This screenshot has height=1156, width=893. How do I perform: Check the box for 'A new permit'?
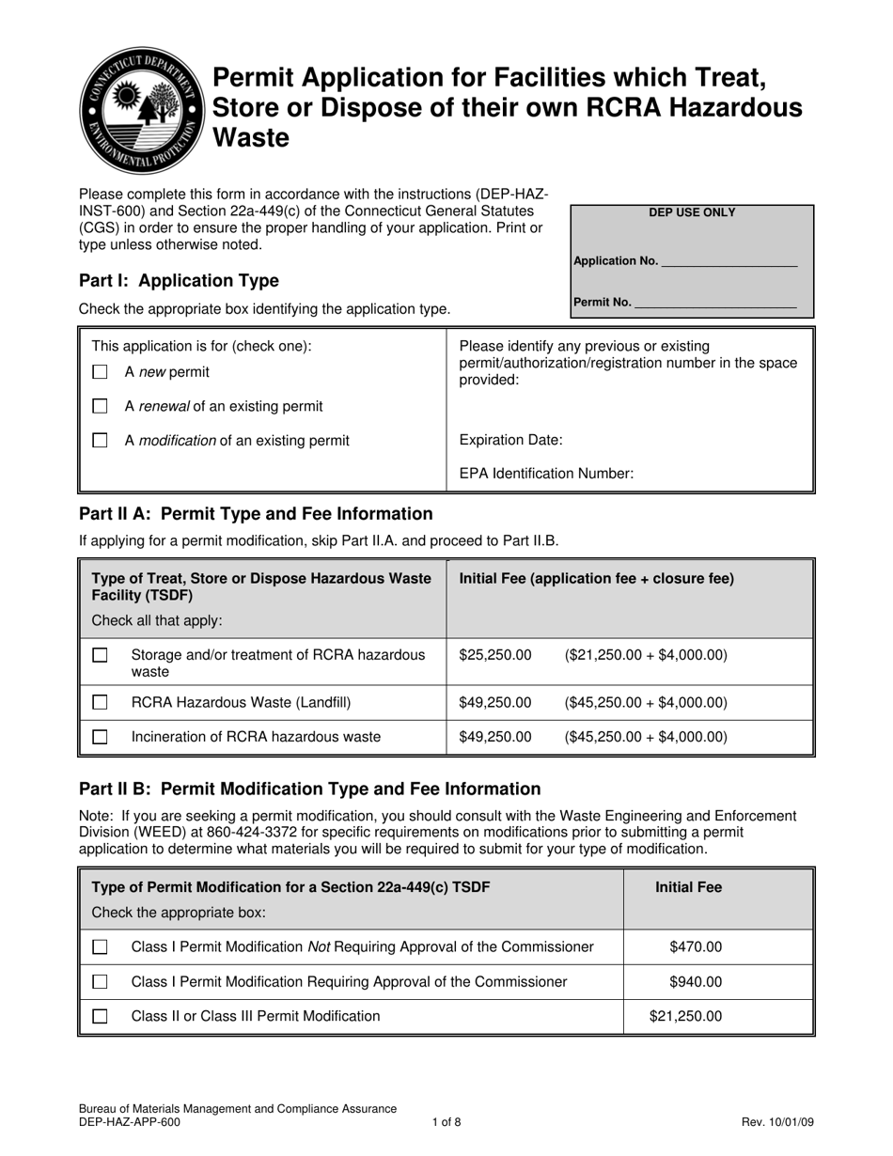101,372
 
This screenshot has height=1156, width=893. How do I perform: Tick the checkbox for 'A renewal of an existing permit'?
101,406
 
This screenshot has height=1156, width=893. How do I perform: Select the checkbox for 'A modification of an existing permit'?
101,440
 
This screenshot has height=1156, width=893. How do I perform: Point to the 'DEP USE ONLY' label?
692,212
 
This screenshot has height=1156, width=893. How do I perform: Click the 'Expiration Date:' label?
511,440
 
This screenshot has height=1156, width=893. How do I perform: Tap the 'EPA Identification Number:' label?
546,474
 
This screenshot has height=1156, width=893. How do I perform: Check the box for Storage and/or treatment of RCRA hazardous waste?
101,655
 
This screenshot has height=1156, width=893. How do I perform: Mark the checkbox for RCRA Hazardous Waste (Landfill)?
101,702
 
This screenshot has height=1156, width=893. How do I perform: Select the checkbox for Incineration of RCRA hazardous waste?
101,737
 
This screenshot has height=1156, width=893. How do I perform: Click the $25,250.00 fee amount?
495,654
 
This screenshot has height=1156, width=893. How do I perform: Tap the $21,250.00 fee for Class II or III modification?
686,1016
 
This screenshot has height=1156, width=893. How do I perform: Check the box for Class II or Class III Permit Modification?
101,1016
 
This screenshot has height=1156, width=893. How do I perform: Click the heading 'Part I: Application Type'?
179,280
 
